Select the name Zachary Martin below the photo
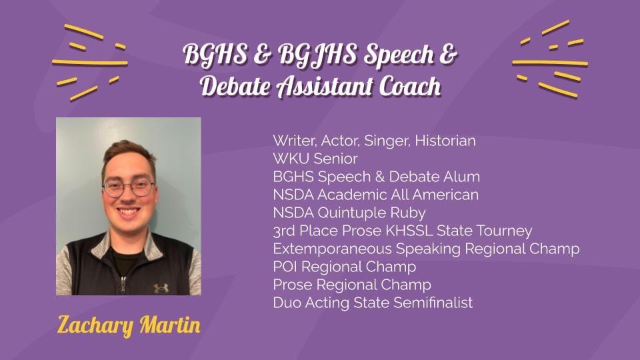(129, 326)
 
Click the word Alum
(463, 177)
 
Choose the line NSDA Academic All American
(376, 195)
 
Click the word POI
(285, 267)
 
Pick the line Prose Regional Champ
(352, 285)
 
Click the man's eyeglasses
(128, 188)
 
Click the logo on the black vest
(161, 287)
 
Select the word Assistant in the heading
(322, 87)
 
